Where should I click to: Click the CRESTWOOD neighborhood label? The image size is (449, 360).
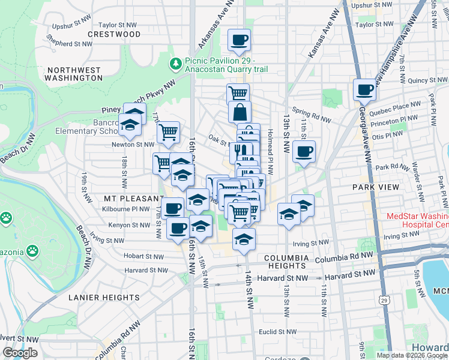pos(114,34)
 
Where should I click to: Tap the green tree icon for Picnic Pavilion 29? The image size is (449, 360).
pos(176,62)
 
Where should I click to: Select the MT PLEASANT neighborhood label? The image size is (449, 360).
pos(134,198)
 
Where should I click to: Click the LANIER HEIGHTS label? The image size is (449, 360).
pos(104,297)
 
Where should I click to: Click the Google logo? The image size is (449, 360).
pos(20,353)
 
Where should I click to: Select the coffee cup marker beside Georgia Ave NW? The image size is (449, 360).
pos(364,91)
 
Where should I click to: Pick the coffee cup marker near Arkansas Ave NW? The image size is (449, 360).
pos(240,40)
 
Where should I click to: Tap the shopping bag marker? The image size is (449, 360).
pos(240,112)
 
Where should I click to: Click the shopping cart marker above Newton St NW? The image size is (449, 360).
pos(169,131)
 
